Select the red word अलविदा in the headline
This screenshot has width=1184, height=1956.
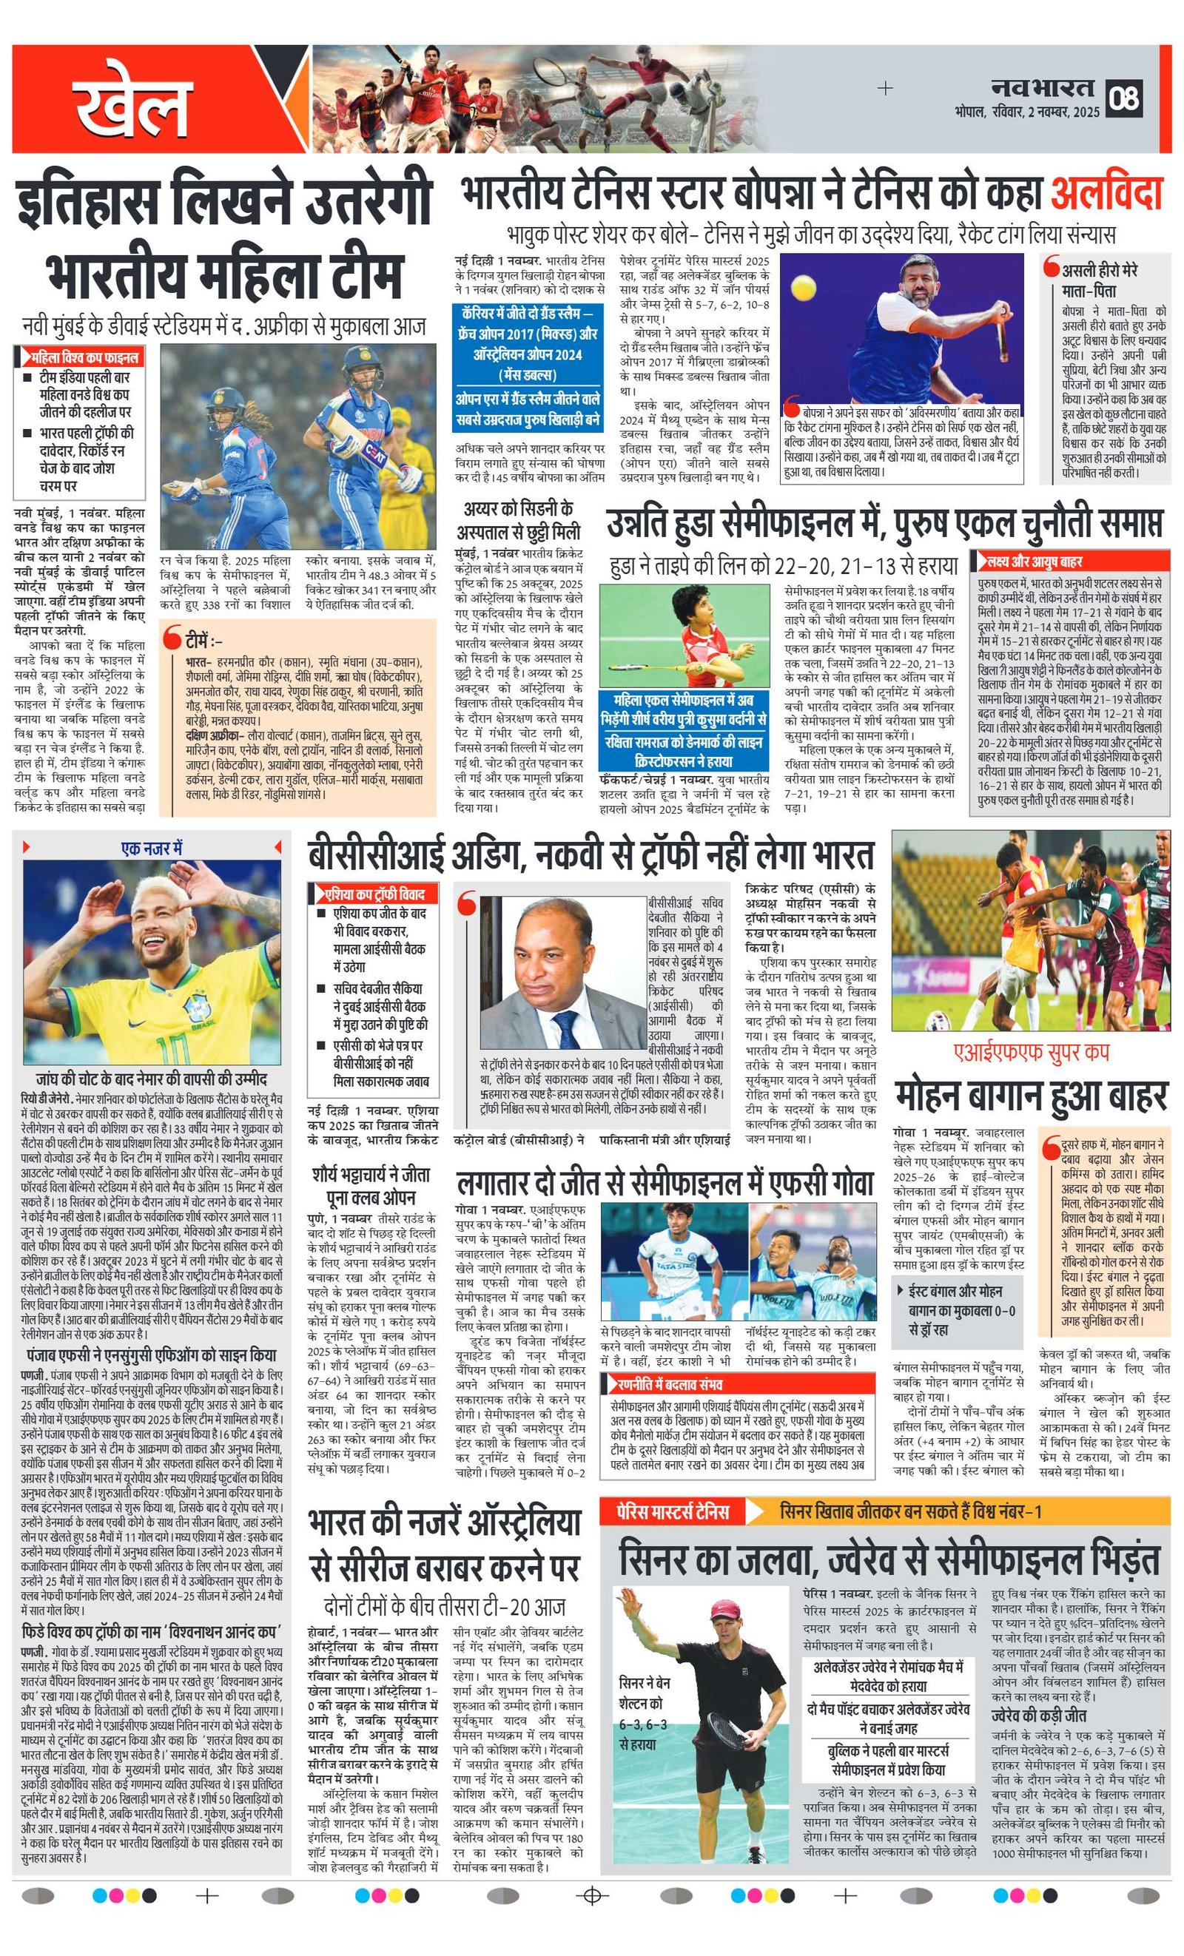click(1107, 194)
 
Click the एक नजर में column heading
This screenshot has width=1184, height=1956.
click(152, 848)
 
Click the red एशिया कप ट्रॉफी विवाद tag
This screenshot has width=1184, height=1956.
click(373, 894)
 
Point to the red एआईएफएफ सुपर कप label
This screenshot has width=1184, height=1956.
click(1030, 1053)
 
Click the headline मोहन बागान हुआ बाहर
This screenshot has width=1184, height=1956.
click(1031, 1096)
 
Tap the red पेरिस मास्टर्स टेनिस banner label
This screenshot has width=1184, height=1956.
click(672, 1511)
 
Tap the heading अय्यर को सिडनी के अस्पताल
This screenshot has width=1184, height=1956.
click(519, 520)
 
